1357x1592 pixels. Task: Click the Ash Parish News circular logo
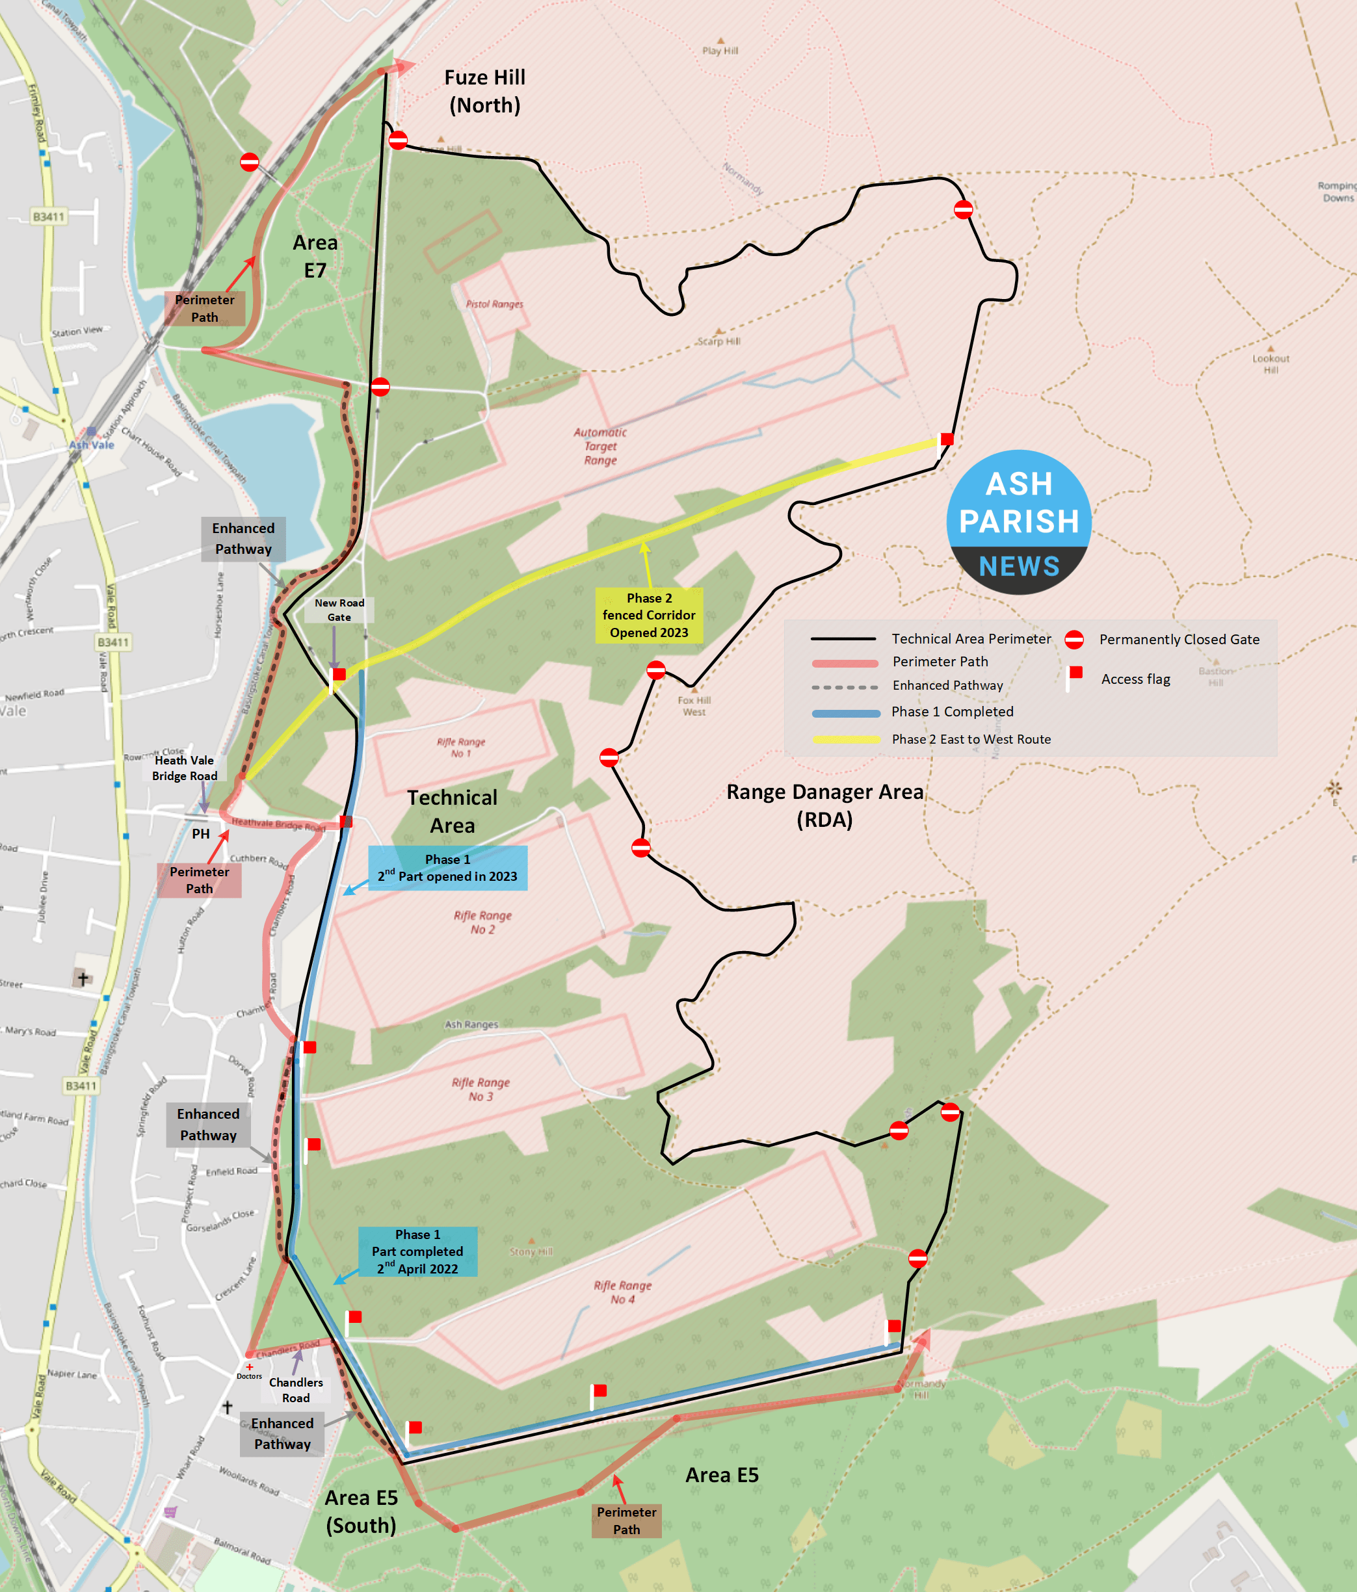pyautogui.click(x=1018, y=523)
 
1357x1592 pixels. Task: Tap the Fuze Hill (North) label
pyautogui.click(x=485, y=92)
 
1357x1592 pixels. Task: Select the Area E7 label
pyautogui.click(x=315, y=256)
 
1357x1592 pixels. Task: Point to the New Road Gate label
pyautogui.click(x=339, y=610)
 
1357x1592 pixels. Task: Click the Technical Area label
pyautogui.click(x=452, y=811)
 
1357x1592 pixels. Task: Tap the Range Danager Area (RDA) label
pyautogui.click(x=824, y=805)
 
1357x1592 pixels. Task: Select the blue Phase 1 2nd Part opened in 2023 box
pyautogui.click(x=447, y=868)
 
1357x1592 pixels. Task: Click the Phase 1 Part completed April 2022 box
pyautogui.click(x=417, y=1251)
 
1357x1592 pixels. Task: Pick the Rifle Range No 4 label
pyautogui.click(x=622, y=1292)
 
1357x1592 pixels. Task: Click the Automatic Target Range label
pyautogui.click(x=600, y=447)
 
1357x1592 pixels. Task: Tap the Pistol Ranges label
pyautogui.click(x=494, y=304)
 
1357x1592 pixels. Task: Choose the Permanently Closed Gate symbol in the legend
pyautogui.click(x=1074, y=639)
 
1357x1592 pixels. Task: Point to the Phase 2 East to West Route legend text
pyautogui.click(x=971, y=739)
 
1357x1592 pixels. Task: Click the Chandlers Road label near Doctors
pyautogui.click(x=296, y=1390)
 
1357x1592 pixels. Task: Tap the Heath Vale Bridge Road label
pyautogui.click(x=185, y=768)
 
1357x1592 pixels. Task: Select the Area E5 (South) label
pyautogui.click(x=361, y=1511)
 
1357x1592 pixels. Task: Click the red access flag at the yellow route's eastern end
pyautogui.click(x=947, y=439)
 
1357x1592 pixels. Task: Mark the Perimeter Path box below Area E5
pyautogui.click(x=626, y=1520)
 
